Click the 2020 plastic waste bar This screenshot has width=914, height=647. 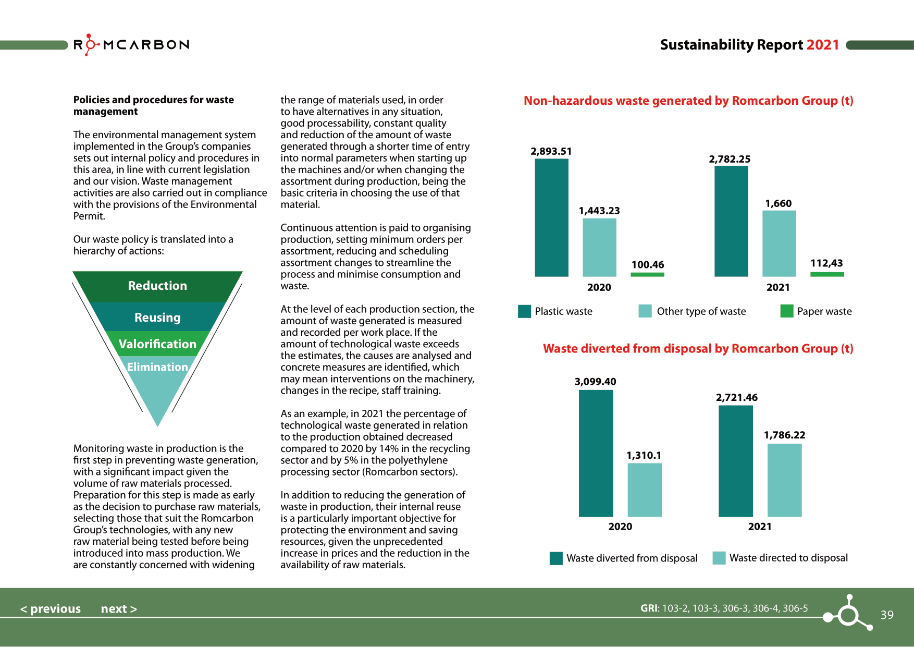(x=551, y=217)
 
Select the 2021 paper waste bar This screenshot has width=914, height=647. (x=827, y=274)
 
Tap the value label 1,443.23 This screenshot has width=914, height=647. (x=599, y=211)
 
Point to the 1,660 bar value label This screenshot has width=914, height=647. (x=778, y=203)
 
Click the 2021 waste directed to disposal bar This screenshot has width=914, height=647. (x=784, y=480)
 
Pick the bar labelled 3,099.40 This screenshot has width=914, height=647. (x=596, y=453)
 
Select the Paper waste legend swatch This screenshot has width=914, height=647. (x=786, y=311)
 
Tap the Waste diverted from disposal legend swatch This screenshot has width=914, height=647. (x=556, y=558)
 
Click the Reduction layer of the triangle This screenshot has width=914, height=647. (x=157, y=286)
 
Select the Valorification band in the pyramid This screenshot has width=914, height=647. (x=157, y=344)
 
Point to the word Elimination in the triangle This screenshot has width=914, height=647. (x=157, y=367)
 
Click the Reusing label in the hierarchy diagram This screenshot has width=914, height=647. (x=157, y=318)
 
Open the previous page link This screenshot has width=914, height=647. (x=51, y=609)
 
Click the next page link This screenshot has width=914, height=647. (x=119, y=609)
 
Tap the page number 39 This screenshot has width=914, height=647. (x=887, y=615)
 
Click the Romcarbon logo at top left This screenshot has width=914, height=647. (x=131, y=45)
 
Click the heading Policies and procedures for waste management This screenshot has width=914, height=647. (x=153, y=105)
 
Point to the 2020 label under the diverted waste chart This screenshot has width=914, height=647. (x=620, y=527)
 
